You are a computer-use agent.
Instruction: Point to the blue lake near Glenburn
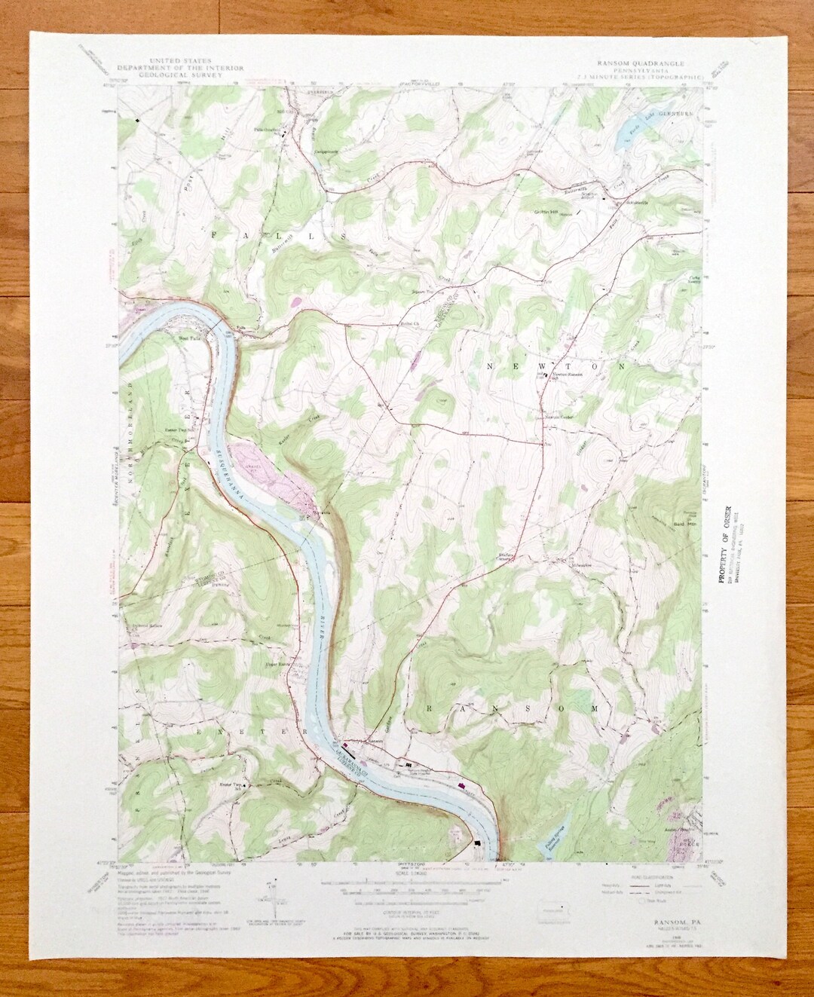coord(627,136)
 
